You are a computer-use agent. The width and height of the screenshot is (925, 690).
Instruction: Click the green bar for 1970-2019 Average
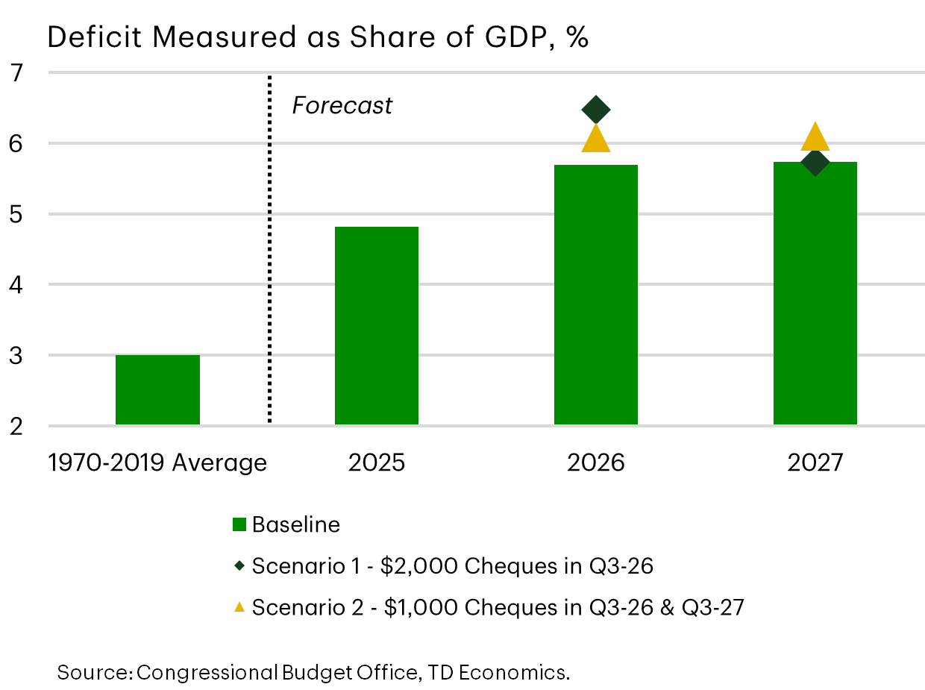[x=157, y=389]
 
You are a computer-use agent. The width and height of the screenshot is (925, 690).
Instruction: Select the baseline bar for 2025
[x=377, y=326]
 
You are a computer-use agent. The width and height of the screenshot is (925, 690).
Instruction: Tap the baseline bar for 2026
[x=596, y=295]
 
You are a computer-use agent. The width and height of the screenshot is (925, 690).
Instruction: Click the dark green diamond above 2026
[x=596, y=110]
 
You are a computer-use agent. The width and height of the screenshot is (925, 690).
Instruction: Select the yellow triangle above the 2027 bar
[x=815, y=138]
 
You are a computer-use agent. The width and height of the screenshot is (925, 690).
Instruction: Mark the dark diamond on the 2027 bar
[x=815, y=162]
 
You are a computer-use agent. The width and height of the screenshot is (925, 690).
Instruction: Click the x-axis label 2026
[x=596, y=463]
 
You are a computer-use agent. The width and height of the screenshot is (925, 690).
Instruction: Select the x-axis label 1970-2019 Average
[x=157, y=463]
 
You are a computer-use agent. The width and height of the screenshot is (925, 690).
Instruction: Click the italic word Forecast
[x=342, y=106]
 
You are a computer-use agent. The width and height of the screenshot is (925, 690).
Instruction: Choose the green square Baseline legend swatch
[x=239, y=525]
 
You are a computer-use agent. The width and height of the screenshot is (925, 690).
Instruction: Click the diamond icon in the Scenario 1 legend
[x=239, y=566]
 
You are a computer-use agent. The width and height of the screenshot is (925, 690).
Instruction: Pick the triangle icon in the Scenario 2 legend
[x=239, y=607]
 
